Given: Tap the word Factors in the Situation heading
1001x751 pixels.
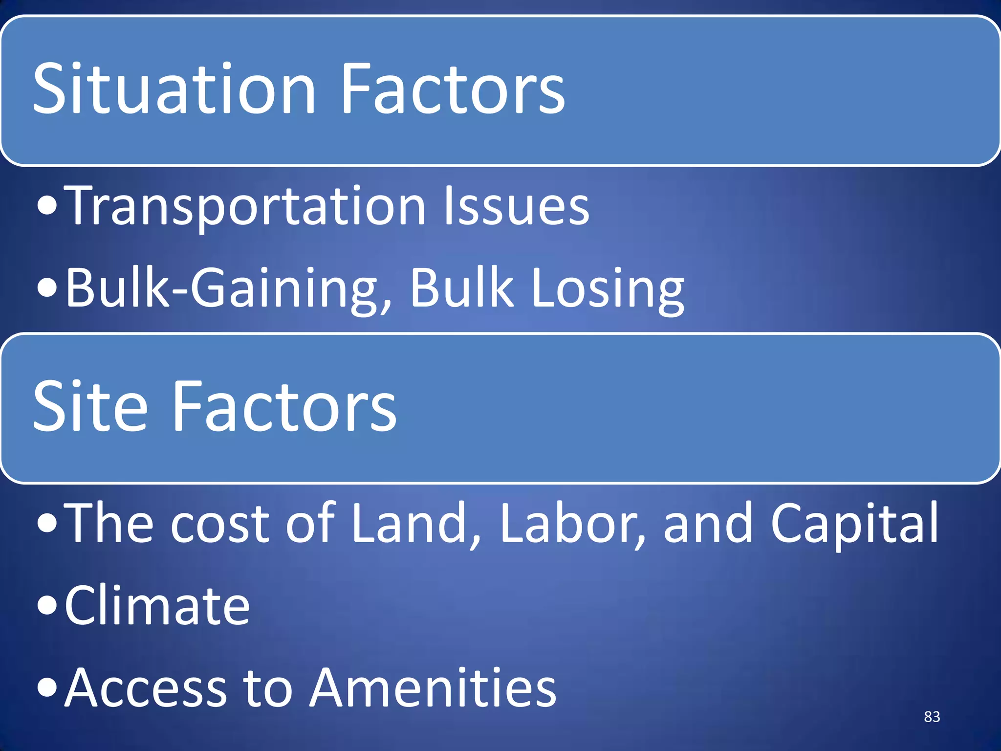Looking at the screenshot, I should [452, 89].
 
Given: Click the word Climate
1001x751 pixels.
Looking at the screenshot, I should [157, 606].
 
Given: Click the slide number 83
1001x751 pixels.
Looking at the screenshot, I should [932, 717].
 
